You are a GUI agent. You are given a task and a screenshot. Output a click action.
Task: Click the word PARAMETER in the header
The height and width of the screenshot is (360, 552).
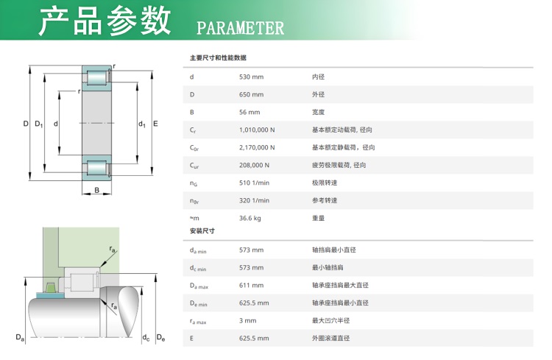[240, 28]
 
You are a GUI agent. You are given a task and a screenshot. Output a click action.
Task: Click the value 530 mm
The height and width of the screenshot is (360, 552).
[252, 77]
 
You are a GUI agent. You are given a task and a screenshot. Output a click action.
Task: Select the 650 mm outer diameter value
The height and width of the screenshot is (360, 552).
[252, 94]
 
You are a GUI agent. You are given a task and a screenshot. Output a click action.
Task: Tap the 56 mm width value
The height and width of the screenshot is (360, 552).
[250, 112]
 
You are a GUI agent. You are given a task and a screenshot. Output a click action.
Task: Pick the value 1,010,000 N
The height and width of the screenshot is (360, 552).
[257, 130]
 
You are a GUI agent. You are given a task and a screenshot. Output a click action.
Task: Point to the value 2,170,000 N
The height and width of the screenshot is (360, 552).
[257, 147]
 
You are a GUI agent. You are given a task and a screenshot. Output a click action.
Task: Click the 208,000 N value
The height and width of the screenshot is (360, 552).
[254, 165]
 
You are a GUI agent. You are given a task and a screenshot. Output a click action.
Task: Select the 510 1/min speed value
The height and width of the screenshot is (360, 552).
[254, 183]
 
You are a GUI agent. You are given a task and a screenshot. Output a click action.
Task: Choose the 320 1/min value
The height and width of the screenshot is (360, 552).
[254, 200]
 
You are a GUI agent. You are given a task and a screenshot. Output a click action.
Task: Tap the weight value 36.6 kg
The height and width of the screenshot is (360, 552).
[250, 218]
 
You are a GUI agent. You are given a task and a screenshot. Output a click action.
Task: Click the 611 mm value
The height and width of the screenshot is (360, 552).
[252, 285]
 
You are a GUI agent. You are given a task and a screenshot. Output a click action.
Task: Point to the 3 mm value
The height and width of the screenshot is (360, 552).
[248, 320]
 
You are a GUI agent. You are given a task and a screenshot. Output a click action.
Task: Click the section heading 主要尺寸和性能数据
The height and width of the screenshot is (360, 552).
[218, 57]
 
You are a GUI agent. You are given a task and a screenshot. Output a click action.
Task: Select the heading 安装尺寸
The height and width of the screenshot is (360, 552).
[202, 230]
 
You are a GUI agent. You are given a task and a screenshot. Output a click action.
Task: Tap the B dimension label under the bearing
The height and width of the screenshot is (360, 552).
[97, 190]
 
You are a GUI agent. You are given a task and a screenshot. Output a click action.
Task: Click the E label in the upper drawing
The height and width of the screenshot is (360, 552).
[155, 124]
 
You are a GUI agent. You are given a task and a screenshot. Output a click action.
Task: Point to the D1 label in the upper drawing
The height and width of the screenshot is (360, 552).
[39, 124]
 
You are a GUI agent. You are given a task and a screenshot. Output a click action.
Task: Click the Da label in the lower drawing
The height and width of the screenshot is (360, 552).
[20, 337]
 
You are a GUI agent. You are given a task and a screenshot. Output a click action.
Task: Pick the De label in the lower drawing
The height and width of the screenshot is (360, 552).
[160, 337]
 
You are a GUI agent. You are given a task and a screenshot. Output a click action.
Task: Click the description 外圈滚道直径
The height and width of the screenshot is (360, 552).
[330, 338]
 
